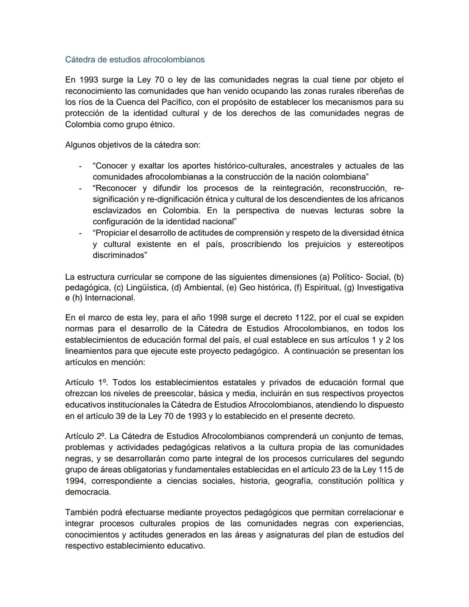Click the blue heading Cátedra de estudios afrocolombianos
(x=135, y=59)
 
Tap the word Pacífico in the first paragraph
(x=176, y=102)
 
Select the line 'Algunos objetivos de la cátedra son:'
(x=132, y=145)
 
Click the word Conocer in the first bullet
(x=111, y=166)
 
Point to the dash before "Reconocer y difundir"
(x=79, y=189)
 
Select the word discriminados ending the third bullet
(x=119, y=255)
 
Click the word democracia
(x=87, y=492)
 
